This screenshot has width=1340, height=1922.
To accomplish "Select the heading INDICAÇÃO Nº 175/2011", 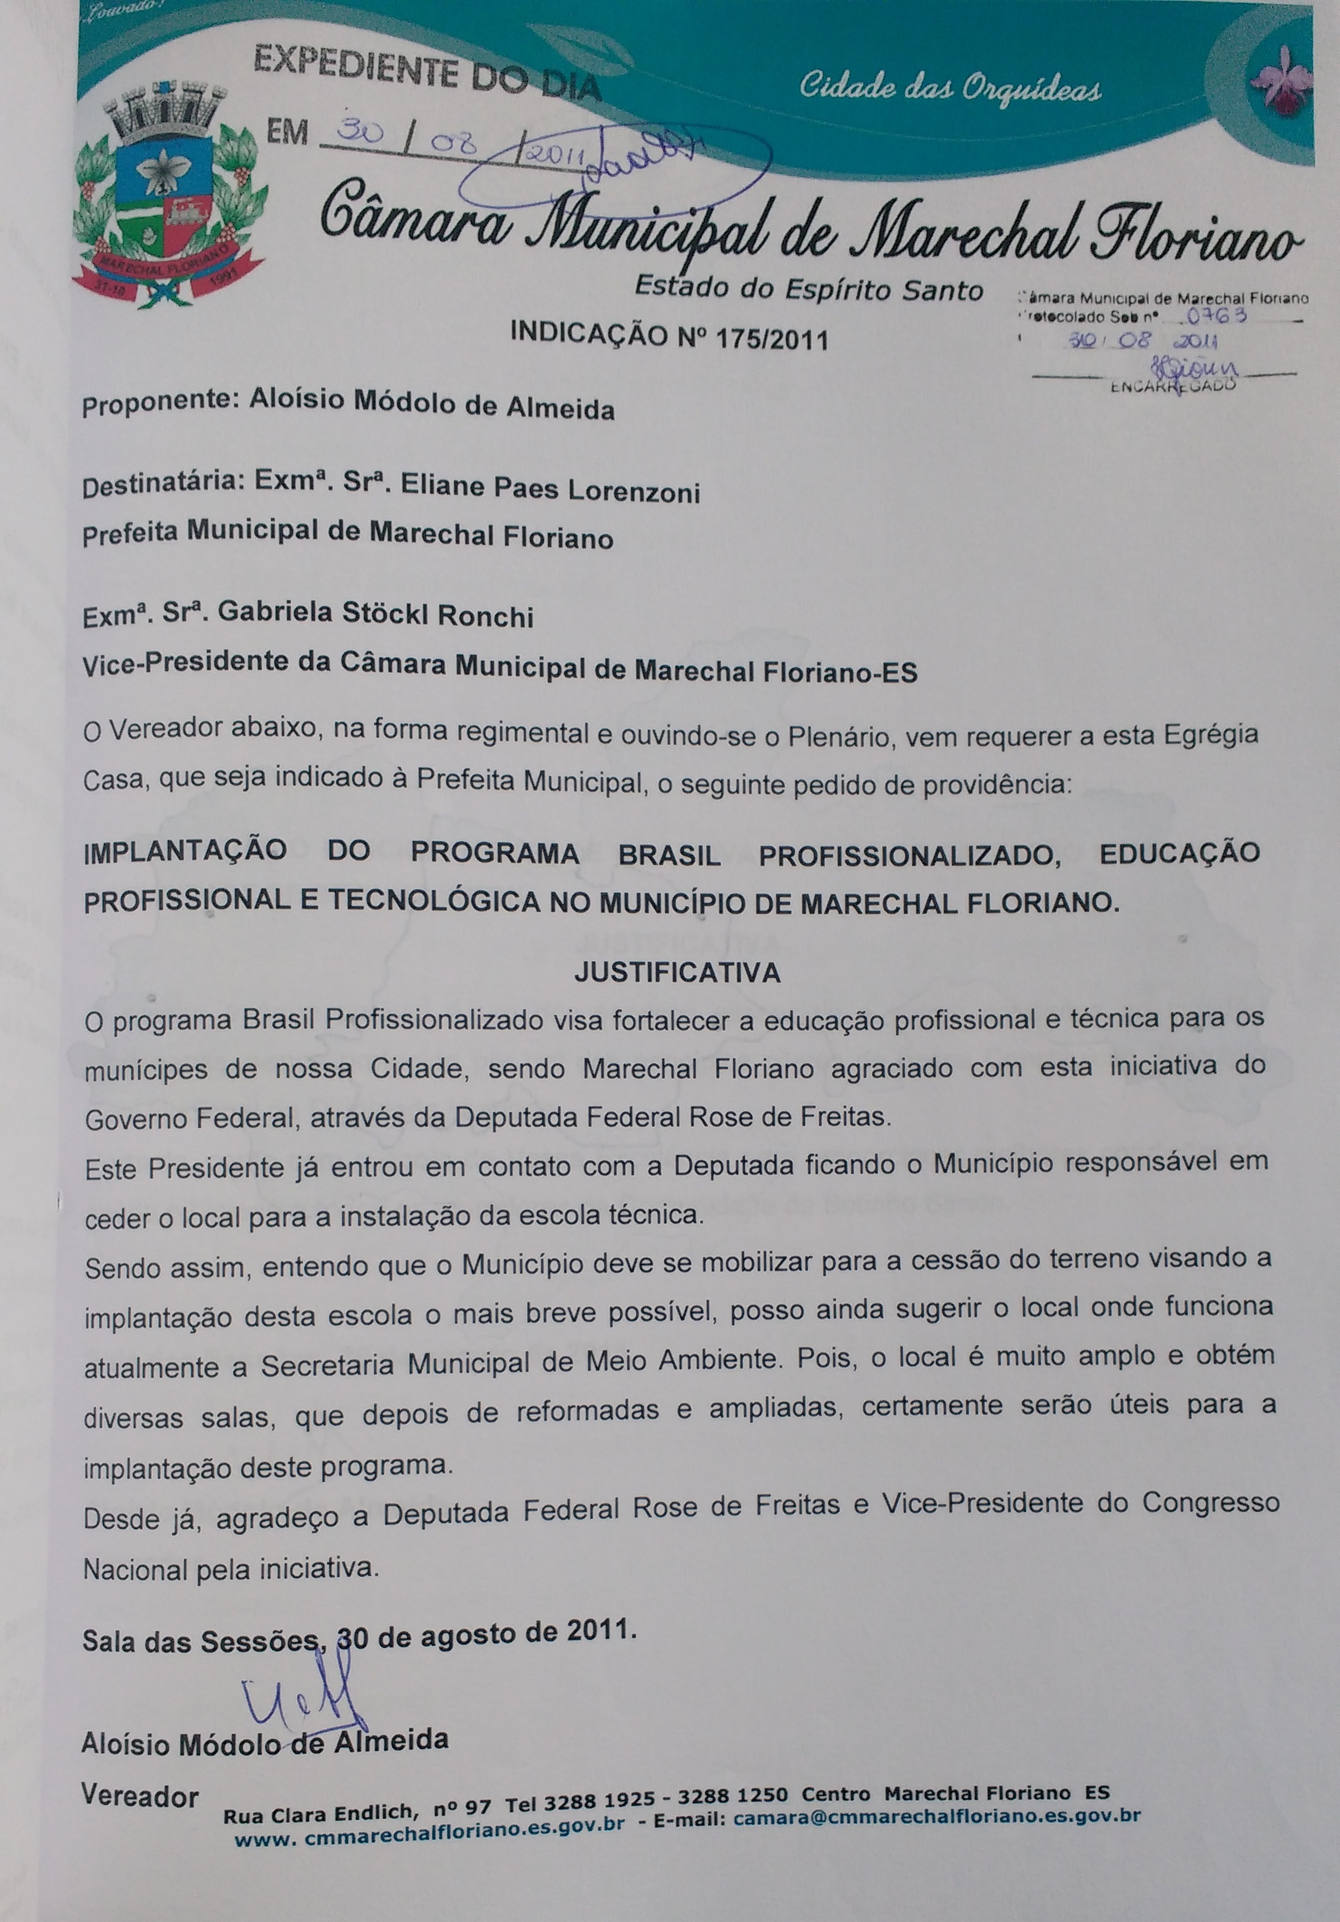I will pyautogui.click(x=669, y=336).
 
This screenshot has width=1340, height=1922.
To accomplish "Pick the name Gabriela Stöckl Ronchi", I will pyautogui.click(x=375, y=615).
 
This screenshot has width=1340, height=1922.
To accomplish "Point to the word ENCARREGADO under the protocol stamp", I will pyautogui.click(x=1173, y=386).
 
